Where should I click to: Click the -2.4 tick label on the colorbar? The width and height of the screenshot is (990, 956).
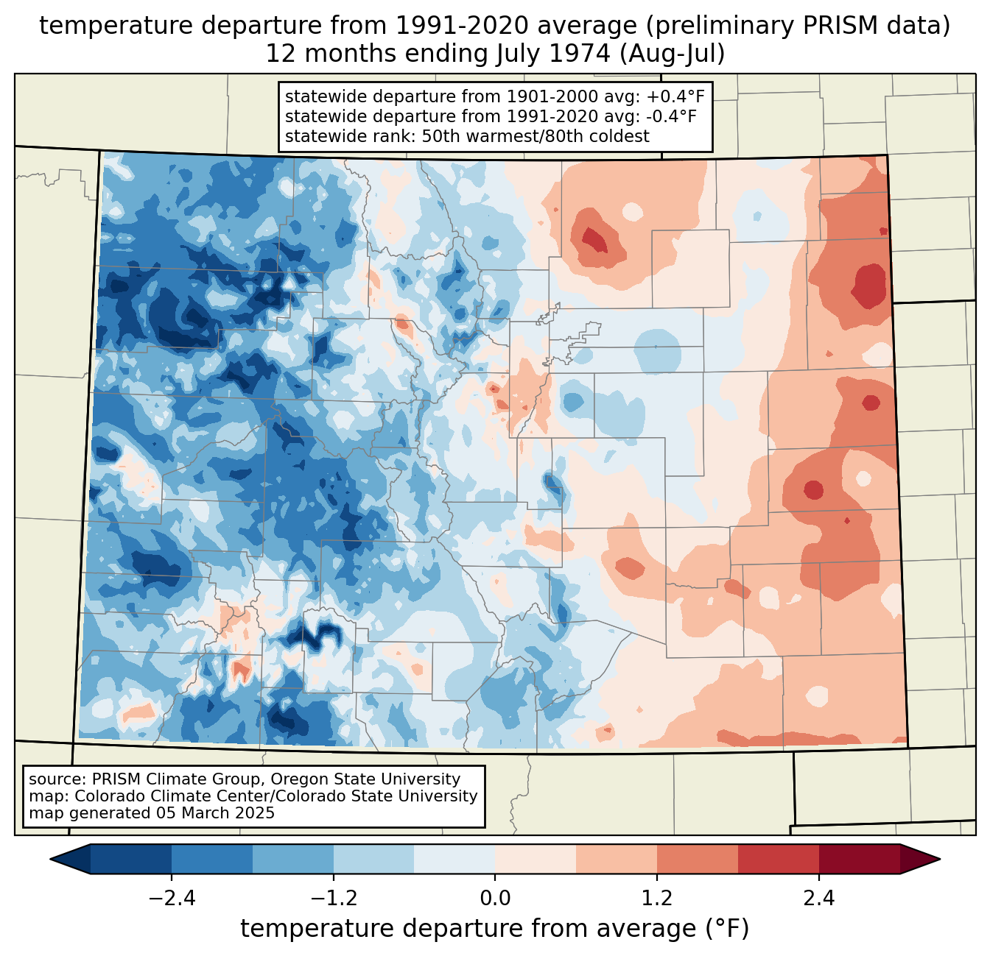[172, 899]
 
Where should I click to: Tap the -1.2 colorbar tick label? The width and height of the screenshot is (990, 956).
[333, 899]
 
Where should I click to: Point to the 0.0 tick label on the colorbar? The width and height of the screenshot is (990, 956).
[495, 899]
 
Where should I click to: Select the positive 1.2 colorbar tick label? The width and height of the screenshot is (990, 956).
[657, 899]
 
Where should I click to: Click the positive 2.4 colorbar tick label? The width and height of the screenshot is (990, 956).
[818, 899]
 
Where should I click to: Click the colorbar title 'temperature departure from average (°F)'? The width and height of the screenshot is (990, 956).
[495, 929]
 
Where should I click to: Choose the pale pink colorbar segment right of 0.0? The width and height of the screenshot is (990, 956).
[536, 859]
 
